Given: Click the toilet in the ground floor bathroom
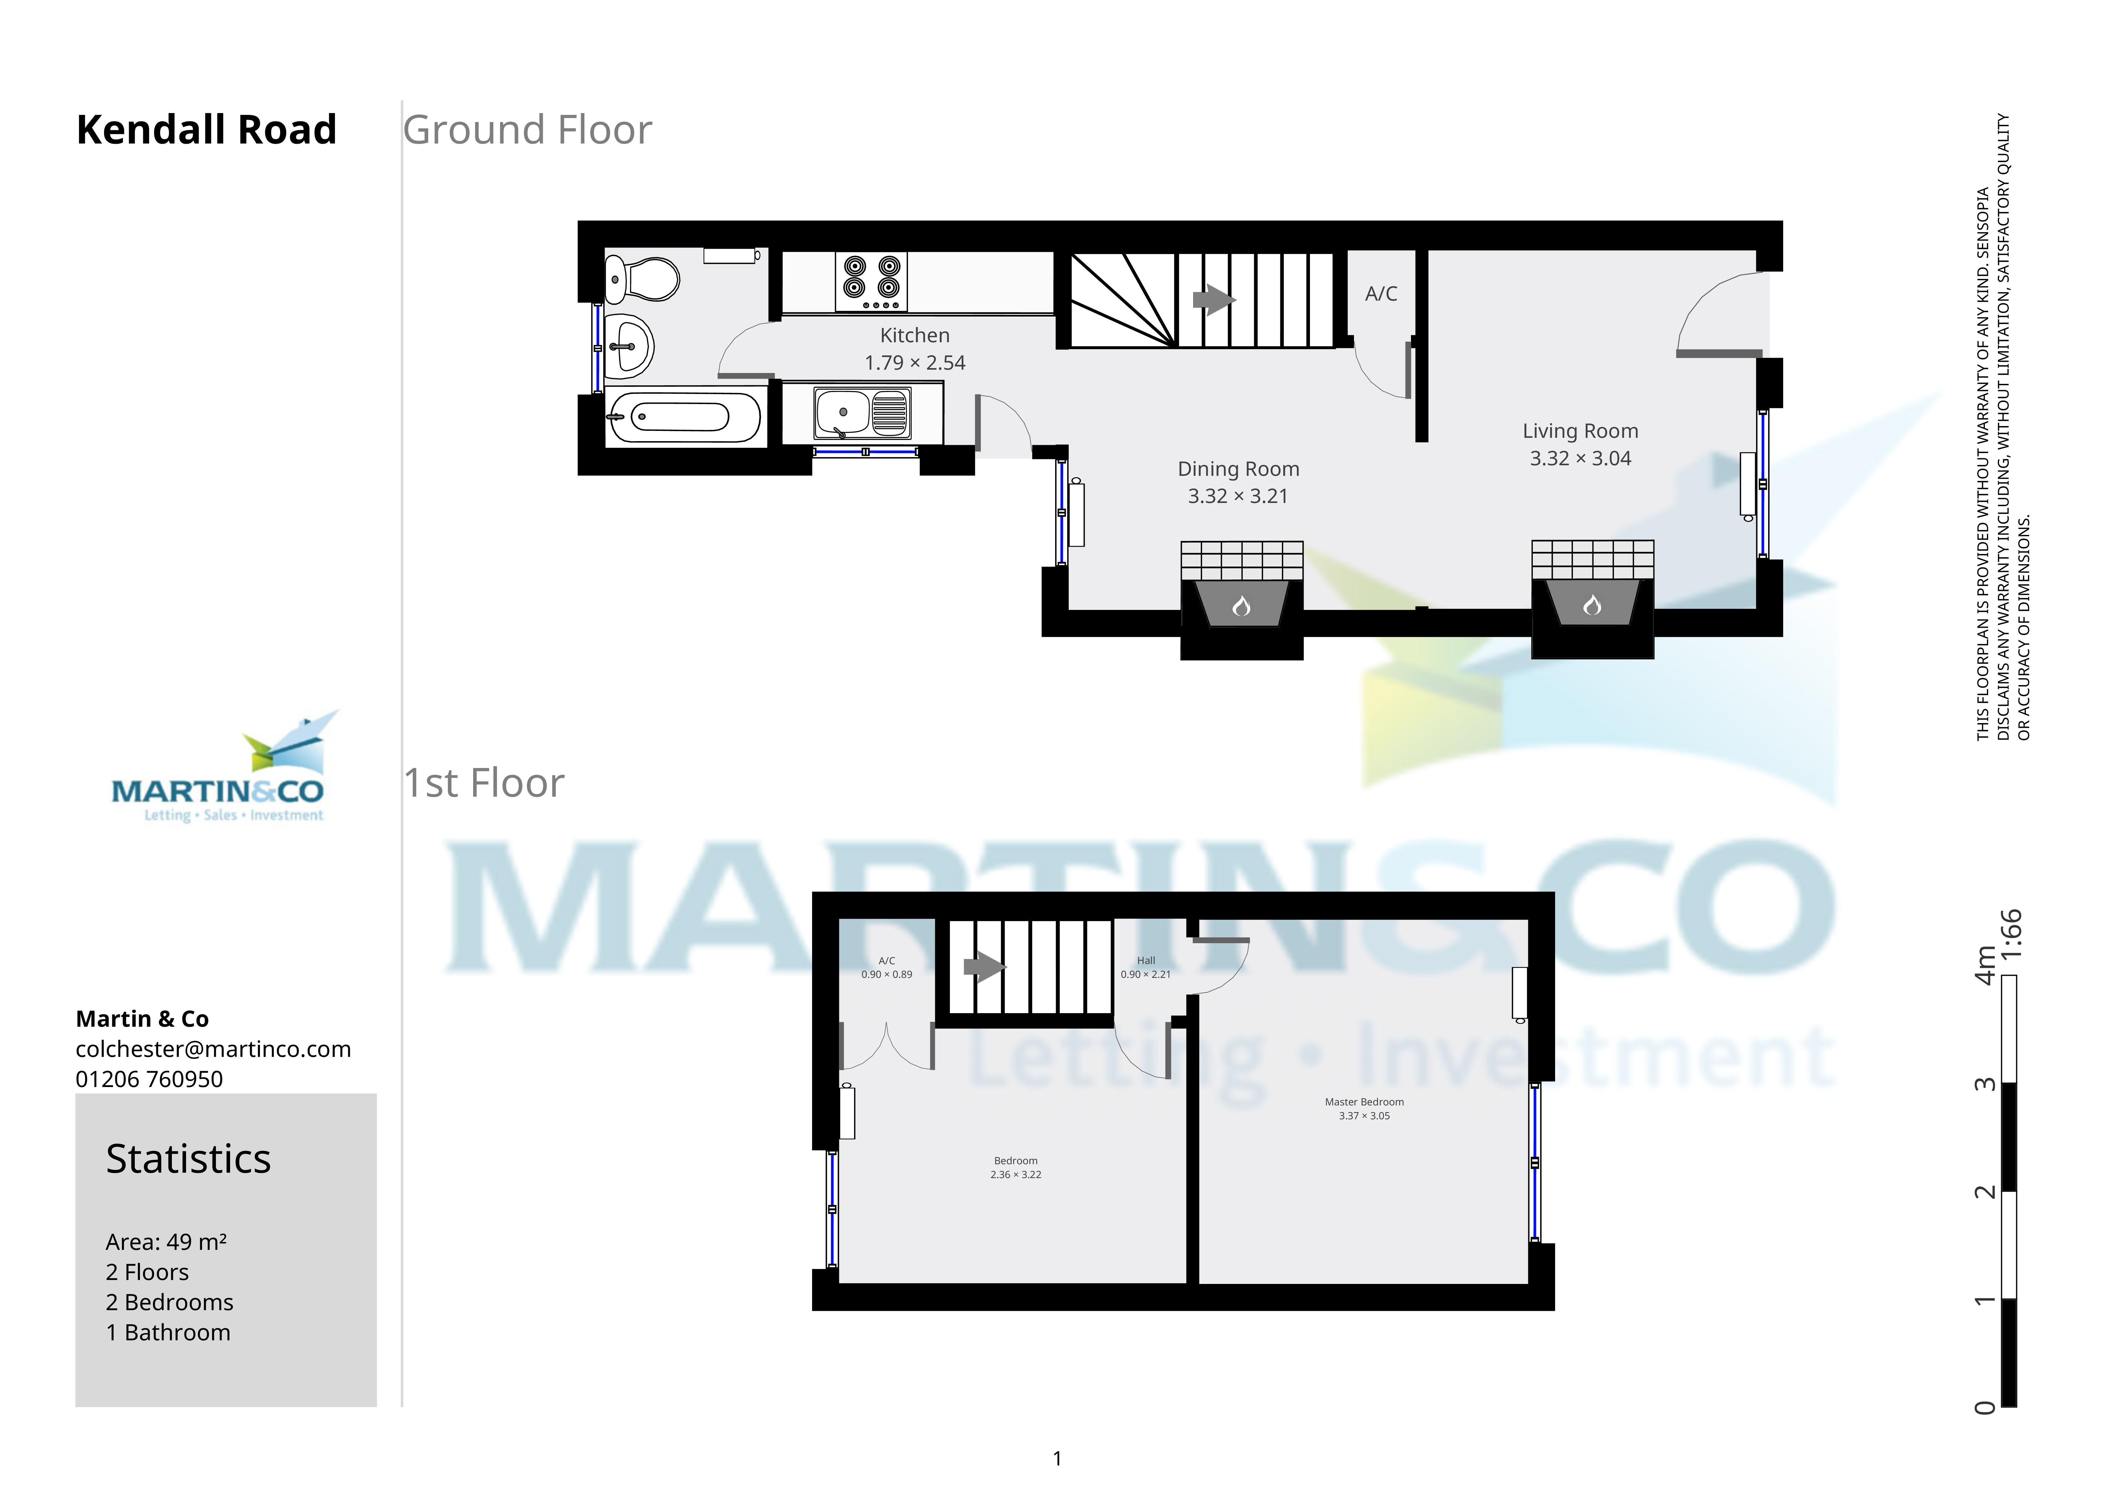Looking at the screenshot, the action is click(642, 278).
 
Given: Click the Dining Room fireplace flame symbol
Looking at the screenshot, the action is click(1241, 605).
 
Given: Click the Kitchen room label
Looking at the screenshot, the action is click(914, 336).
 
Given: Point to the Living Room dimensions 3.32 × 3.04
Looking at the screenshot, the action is click(1580, 458).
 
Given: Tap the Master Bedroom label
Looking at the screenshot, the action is click(1364, 1101).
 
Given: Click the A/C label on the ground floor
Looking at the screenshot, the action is click(1381, 294).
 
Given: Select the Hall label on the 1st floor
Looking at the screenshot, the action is click(1146, 960).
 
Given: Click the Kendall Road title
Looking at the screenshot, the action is click(207, 130).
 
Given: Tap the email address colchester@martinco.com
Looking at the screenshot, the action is click(213, 1049).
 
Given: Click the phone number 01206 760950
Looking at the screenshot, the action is click(149, 1079).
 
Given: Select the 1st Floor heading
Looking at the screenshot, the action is click(484, 783).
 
